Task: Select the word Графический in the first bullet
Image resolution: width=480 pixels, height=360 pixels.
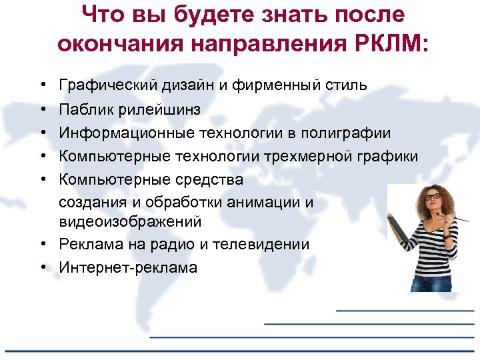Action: coord(107,85)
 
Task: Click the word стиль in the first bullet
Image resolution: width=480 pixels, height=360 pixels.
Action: coord(345,85)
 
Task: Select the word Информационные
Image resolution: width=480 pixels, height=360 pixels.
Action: coord(126,133)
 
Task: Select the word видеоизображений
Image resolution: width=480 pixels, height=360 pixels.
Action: coord(130,221)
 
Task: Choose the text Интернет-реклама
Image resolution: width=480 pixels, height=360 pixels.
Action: coord(128,268)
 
